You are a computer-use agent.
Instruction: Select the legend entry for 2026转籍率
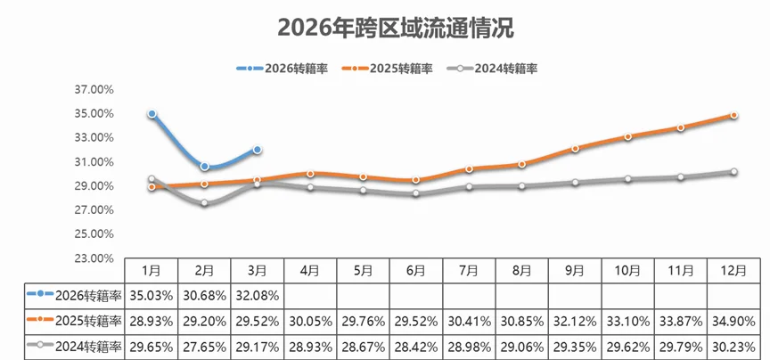(x=283, y=68)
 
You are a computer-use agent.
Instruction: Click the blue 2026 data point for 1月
(x=152, y=114)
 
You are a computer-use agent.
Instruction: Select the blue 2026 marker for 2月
(x=205, y=167)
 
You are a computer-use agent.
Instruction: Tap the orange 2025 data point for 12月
(x=733, y=116)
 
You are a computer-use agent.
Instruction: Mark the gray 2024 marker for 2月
(x=205, y=203)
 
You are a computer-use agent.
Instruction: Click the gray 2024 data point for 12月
(x=733, y=171)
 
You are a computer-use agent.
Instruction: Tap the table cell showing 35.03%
(x=152, y=295)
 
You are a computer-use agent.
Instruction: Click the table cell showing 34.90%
(x=733, y=321)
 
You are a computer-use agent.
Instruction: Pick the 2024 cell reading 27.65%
(x=205, y=347)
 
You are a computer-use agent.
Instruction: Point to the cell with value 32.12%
(x=575, y=321)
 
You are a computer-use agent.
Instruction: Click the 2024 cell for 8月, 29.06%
(x=522, y=347)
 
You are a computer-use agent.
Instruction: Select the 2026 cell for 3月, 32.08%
(x=258, y=295)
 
